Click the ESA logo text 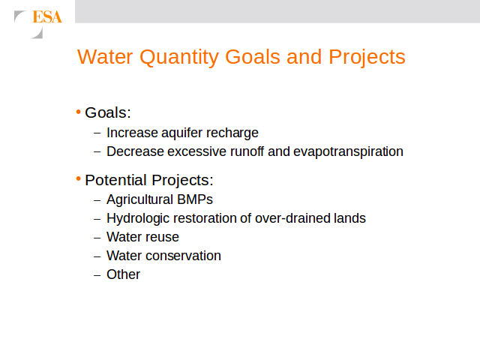pyautogui.click(x=47, y=16)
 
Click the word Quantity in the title pyautogui.click(x=178, y=58)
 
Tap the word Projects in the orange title pyautogui.click(x=367, y=58)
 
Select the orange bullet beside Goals pyautogui.click(x=78, y=112)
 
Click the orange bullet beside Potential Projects pyautogui.click(x=78, y=178)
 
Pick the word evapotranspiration pyautogui.click(x=348, y=151)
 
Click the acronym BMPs pyautogui.click(x=195, y=199)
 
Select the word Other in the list pyautogui.click(x=123, y=274)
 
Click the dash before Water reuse pyautogui.click(x=97, y=238)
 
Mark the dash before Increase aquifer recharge pyautogui.click(x=97, y=133)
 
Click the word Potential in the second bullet pyautogui.click(x=115, y=180)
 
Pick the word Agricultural pyautogui.click(x=140, y=200)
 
